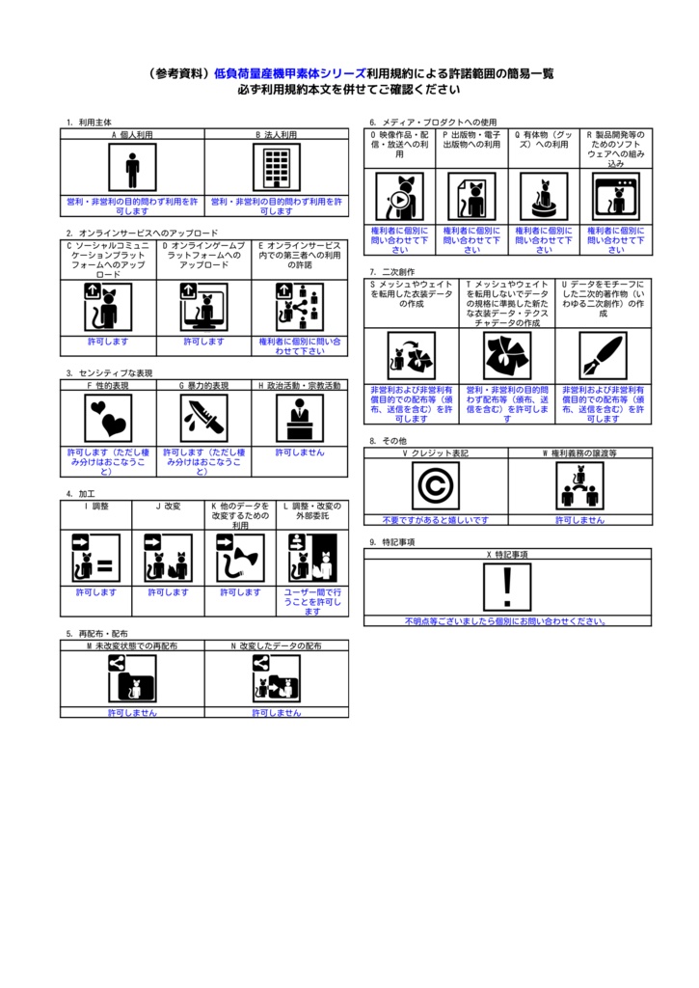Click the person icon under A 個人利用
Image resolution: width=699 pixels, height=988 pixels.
pos(132,168)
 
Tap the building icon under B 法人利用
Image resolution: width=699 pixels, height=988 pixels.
pos(277,168)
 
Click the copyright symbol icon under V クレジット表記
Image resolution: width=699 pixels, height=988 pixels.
pos(436,485)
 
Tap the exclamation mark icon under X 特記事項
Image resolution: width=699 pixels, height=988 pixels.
pos(508,587)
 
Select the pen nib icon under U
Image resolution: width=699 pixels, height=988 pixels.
pos(603,356)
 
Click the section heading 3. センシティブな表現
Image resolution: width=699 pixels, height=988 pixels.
pos(109,372)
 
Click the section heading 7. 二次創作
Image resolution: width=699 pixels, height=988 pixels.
pos(391,272)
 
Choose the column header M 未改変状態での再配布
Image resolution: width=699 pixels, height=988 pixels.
pos(132,645)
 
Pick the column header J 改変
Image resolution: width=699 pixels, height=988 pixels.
pos(168,506)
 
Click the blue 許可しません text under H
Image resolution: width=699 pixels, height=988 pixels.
pos(300,452)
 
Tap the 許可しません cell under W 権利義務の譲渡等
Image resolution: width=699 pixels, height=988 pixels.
pos(579,519)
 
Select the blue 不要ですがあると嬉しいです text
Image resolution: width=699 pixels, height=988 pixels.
pos(436,519)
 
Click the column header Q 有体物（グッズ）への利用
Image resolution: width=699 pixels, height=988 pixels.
pos(544,142)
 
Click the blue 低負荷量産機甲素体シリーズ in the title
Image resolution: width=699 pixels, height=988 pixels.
pos(289,73)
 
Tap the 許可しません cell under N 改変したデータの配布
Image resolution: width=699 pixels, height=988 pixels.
pos(277,712)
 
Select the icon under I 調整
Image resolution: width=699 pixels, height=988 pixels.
pos(96,559)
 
